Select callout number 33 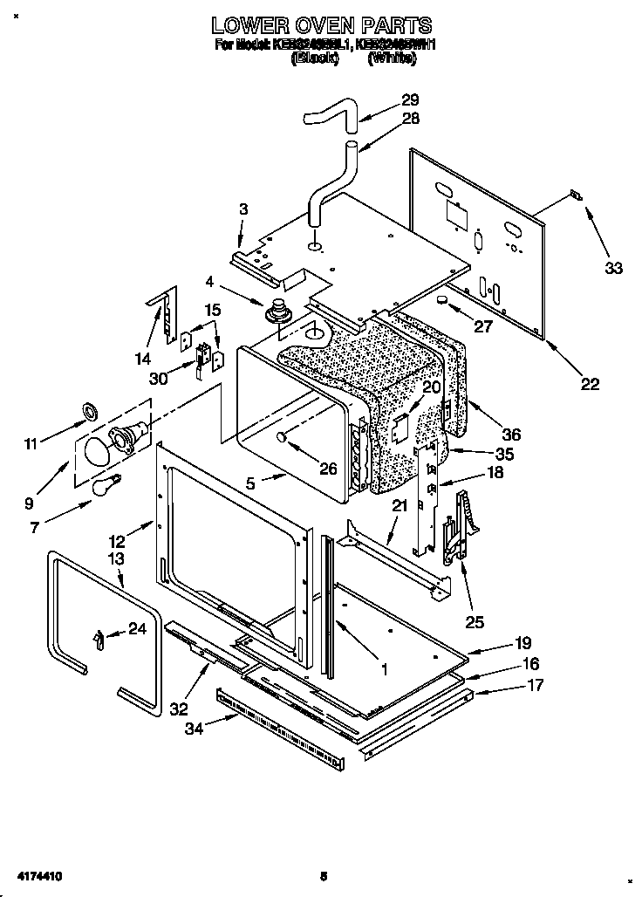(613, 268)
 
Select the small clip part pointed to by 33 (575, 195)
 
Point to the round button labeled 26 (281, 437)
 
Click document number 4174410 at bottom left (36, 874)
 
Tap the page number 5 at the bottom (322, 874)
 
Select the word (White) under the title (391, 59)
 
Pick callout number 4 (209, 281)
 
